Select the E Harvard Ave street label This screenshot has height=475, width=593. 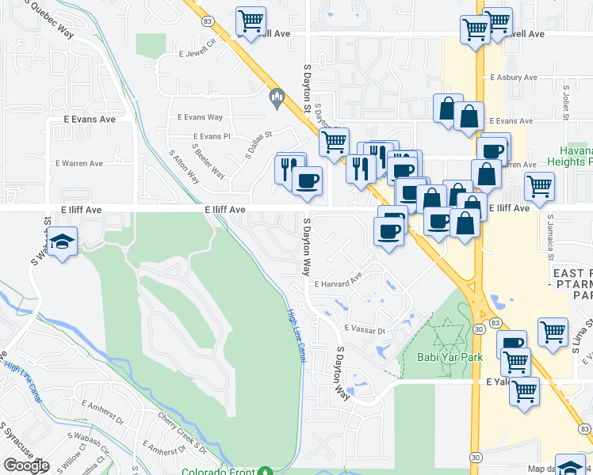[x=338, y=283]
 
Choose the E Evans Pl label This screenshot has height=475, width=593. [x=211, y=136]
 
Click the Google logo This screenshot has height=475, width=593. [x=26, y=465]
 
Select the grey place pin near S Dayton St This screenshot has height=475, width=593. [x=277, y=99]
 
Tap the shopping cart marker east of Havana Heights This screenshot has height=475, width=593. [x=539, y=187]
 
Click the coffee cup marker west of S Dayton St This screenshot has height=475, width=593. [x=307, y=180]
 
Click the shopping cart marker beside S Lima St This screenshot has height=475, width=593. [x=553, y=332]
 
